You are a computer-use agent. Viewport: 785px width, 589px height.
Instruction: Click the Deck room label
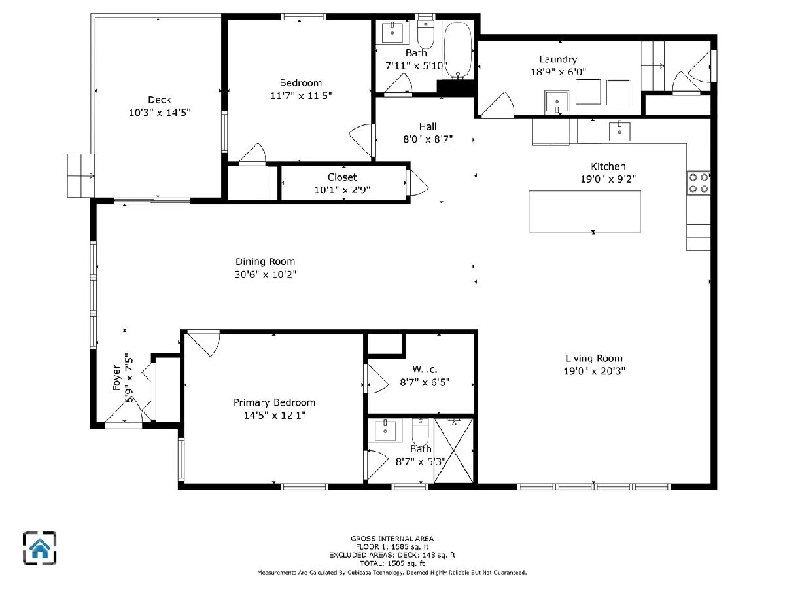(159, 99)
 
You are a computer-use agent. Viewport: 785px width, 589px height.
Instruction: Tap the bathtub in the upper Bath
(457, 50)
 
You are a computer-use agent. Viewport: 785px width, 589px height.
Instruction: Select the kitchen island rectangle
(584, 211)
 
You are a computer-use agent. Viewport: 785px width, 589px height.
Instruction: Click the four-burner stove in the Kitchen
(699, 183)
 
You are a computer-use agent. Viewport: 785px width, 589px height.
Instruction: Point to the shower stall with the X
(453, 451)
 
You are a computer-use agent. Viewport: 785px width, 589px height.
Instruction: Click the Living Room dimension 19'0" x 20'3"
(594, 371)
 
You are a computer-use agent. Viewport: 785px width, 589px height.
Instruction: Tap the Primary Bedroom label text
(274, 402)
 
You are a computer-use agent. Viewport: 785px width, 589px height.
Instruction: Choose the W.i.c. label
(425, 369)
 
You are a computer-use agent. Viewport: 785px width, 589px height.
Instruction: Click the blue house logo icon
(40, 548)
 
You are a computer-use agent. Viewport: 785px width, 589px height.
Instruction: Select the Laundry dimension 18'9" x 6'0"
(558, 72)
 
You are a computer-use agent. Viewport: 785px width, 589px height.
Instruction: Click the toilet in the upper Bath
(426, 34)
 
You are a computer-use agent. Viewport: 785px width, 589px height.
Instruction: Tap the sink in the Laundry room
(556, 102)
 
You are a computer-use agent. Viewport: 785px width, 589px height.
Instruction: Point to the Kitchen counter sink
(619, 132)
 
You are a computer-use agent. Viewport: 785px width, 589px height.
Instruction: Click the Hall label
(428, 126)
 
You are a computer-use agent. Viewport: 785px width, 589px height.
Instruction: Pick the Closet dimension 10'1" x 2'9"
(342, 190)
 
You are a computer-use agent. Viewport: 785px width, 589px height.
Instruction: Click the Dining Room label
(265, 262)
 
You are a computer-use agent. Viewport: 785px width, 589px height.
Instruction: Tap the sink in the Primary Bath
(385, 430)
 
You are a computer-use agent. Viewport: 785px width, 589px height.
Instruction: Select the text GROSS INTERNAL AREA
(392, 538)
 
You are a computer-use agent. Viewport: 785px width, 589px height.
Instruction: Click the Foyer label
(116, 378)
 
